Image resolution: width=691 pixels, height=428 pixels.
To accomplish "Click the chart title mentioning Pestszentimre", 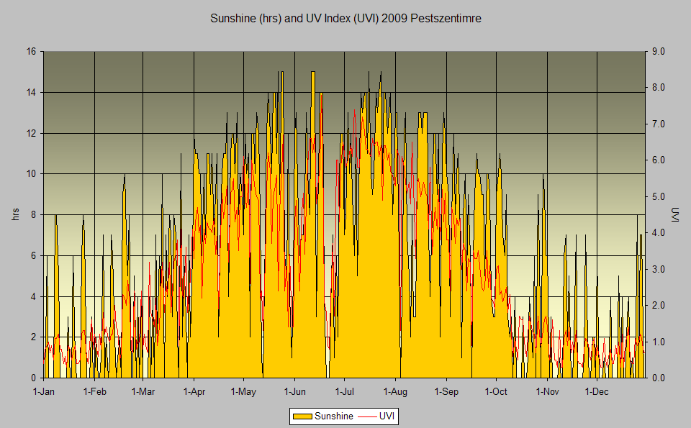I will [345, 19].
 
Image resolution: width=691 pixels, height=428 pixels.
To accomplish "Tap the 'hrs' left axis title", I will [15, 214].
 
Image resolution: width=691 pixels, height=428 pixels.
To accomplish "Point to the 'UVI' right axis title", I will [675, 214].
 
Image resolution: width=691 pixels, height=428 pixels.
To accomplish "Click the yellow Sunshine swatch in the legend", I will [302, 416].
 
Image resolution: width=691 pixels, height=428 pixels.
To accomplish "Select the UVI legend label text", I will [388, 416].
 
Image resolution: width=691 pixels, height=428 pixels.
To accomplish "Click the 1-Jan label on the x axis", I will [44, 391].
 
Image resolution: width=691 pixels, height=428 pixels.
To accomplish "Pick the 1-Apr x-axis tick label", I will [194, 391].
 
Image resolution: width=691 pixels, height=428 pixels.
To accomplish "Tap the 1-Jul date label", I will [345, 391].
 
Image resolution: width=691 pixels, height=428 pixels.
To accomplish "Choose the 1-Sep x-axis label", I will [446, 391].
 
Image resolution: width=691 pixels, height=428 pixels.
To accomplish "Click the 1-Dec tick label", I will [597, 391].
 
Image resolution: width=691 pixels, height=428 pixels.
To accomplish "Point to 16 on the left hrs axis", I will [31, 52].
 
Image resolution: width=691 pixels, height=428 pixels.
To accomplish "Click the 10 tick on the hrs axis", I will [31, 173].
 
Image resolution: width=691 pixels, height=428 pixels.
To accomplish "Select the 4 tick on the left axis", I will [33, 296].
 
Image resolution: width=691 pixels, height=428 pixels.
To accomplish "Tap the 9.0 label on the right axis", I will [659, 52].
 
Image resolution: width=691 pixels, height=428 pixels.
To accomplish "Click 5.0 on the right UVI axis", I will [659, 196].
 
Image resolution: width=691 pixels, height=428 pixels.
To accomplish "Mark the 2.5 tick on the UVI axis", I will [659, 287].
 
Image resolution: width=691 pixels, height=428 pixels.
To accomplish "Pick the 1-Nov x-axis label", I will [548, 391].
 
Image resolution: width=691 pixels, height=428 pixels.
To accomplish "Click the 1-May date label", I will [243, 391].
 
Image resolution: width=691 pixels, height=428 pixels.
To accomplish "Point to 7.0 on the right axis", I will [659, 124].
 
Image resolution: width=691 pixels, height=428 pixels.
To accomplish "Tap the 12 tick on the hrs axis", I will [31, 133].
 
